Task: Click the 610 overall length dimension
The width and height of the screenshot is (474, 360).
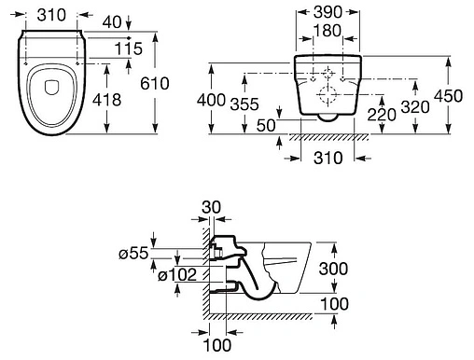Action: [x=155, y=83]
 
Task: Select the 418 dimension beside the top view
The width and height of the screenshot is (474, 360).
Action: [x=106, y=100]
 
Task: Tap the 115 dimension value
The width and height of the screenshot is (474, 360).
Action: [x=129, y=48]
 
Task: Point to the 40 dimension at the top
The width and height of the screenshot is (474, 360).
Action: [x=112, y=22]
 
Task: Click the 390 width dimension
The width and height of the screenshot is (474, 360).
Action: [x=328, y=12]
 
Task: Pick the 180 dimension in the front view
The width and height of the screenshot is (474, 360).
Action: [x=328, y=31]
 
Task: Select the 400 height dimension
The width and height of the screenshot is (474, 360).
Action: [x=211, y=100]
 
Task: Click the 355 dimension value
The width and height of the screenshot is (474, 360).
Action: [x=244, y=104]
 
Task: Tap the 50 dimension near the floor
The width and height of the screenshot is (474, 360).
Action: [x=266, y=126]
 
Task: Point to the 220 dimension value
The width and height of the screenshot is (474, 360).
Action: [x=382, y=115]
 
